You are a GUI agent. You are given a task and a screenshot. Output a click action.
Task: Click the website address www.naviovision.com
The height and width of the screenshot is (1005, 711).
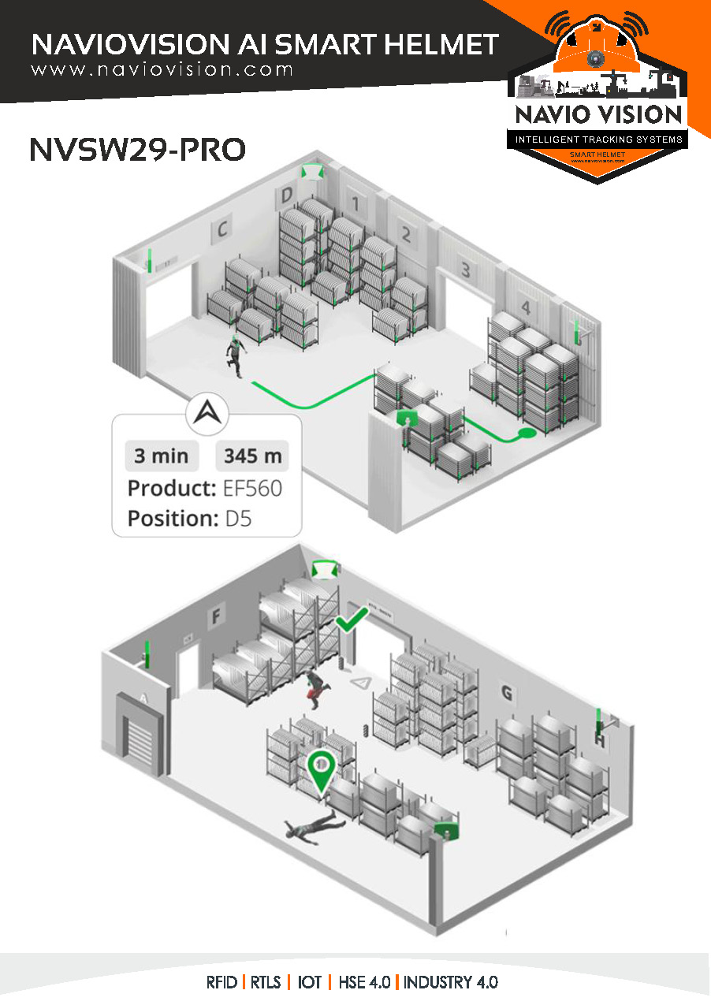[162, 69]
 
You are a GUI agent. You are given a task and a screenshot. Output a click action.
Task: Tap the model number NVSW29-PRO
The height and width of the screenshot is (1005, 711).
[137, 149]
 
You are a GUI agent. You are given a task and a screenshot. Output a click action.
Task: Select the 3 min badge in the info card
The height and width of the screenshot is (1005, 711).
[161, 456]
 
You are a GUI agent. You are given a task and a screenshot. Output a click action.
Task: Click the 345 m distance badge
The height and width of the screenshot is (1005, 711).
[252, 456]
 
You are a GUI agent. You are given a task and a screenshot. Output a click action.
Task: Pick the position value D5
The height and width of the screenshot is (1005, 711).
[238, 519]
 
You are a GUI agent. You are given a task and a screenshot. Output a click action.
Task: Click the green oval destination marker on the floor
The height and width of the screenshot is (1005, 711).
[526, 434]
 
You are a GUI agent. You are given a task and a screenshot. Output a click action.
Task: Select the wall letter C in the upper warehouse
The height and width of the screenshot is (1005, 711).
[222, 229]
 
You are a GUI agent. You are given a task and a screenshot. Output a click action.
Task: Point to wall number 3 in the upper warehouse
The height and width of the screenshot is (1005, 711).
[466, 270]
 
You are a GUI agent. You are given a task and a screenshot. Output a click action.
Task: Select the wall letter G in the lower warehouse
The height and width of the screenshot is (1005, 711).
[507, 693]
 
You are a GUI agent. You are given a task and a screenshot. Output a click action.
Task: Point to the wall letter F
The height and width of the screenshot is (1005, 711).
[214, 618]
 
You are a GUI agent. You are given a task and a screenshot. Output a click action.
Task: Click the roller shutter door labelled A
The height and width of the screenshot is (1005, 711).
[142, 737]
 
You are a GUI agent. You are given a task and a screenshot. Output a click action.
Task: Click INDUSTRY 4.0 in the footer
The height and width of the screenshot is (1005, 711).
[451, 983]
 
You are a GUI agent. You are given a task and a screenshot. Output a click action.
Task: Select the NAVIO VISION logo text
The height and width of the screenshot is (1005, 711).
[598, 114]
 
